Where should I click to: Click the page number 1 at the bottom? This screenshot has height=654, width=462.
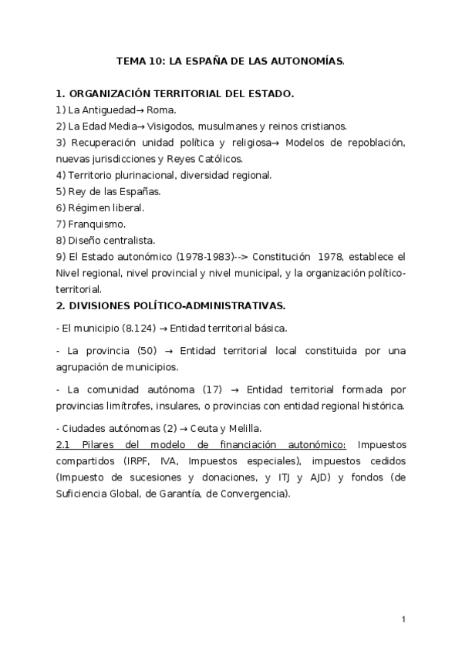(404, 619)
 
